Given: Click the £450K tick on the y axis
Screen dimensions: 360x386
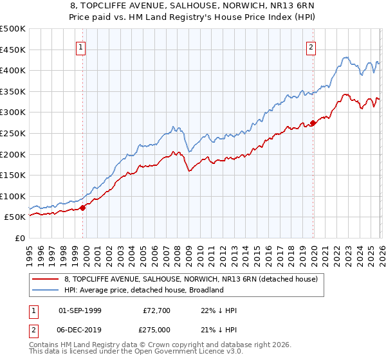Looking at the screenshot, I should tap(13, 50).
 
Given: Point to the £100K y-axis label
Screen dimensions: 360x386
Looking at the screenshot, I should tap(13, 196).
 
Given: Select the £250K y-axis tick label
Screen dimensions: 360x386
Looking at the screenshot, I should tap(13, 133).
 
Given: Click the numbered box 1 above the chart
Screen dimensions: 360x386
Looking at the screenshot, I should tap(82, 46).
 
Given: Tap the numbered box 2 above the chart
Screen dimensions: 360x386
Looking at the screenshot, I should tap(311, 46).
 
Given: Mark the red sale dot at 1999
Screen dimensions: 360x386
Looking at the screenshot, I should tap(82, 208).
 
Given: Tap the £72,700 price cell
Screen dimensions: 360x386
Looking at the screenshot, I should tap(156, 310).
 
